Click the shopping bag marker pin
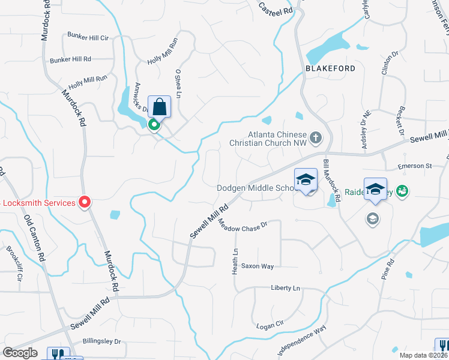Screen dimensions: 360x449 159,107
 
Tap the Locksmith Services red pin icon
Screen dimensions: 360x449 85,202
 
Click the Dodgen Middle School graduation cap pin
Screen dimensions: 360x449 305,180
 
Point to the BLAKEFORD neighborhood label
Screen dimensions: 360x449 330,68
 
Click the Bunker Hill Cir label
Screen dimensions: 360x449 88,37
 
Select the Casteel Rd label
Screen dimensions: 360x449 276,8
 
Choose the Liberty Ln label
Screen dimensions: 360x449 285,288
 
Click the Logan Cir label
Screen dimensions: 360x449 270,325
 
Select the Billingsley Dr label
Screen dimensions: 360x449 101,341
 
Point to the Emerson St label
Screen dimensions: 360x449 415,166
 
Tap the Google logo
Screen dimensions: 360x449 20,353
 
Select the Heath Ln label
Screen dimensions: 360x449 235,262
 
